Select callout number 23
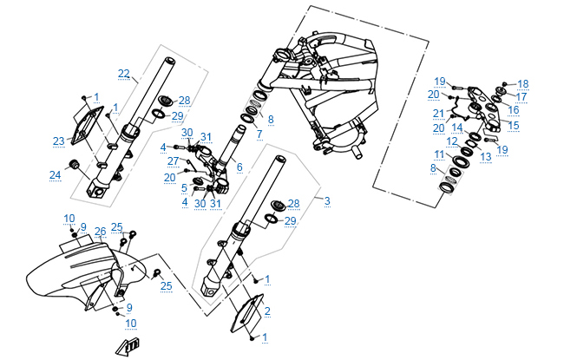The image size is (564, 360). (58, 141)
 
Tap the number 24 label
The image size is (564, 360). (56, 175)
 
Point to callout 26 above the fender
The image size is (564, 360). (100, 231)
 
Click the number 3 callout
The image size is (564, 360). (327, 201)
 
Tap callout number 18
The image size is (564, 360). (522, 83)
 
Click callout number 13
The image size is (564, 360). (486, 156)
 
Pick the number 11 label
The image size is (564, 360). (439, 154)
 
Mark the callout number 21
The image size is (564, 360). (439, 112)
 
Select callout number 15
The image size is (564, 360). (514, 126)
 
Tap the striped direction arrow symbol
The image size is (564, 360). (128, 346)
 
